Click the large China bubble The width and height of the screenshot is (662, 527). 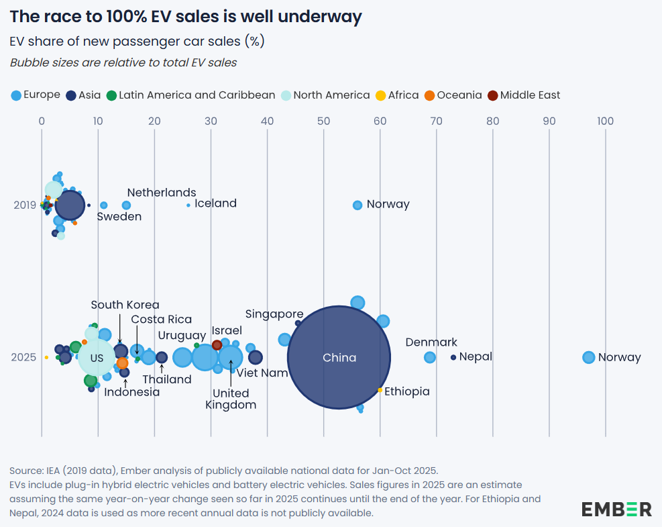pos(339,358)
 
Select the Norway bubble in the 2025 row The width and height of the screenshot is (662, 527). pos(588,357)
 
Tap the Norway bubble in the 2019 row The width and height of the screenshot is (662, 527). pos(357,205)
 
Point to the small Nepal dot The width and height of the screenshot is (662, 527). pos(453,357)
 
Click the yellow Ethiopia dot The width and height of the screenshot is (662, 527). pos(380,390)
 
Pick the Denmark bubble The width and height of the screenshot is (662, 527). pos(430,357)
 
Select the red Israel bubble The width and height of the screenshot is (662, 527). pos(217,345)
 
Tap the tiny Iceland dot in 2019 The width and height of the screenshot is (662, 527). pos(188,205)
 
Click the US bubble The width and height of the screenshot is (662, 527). pos(97,358)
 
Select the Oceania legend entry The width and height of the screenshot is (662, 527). pos(453,95)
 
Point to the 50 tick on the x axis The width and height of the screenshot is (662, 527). pos(323,122)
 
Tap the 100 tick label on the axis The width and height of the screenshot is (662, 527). pos(605,122)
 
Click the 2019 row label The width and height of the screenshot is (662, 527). pos(25,205)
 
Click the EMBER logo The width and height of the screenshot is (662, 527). pos(616,509)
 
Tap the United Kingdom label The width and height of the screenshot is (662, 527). pos(231,399)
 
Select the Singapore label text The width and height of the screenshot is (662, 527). pos(274,314)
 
